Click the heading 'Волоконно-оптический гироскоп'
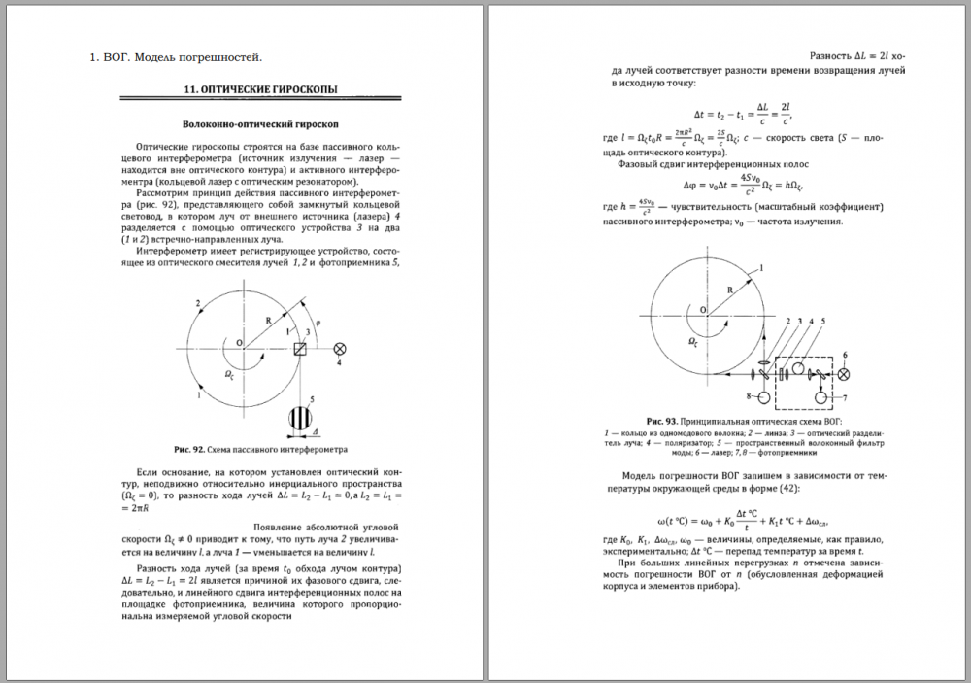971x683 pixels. tap(261, 124)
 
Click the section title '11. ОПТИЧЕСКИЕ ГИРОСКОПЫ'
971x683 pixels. tap(261, 89)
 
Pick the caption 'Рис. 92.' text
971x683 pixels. tap(189, 450)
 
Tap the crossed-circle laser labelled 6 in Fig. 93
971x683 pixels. tap(844, 374)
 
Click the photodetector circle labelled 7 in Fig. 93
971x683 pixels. tap(823, 397)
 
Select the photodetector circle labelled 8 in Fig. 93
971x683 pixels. tap(763, 397)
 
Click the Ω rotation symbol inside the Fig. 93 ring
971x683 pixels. tap(691, 342)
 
